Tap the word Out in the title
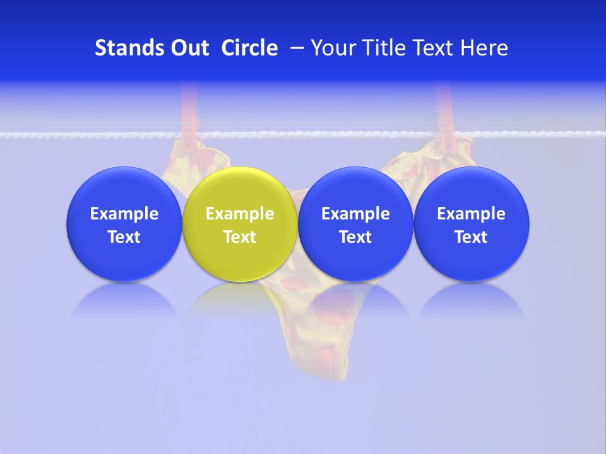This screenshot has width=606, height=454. click(187, 48)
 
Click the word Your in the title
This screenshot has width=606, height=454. click(331, 48)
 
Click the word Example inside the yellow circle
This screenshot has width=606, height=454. click(240, 214)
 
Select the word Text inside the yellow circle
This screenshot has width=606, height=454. click(240, 237)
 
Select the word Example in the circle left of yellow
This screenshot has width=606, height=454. click(124, 214)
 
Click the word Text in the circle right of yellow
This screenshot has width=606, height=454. click(355, 237)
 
